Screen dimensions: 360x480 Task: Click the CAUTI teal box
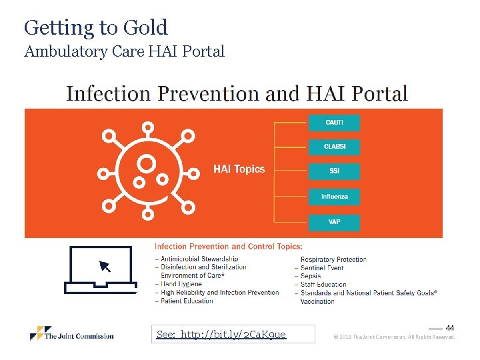pyautogui.click(x=334, y=123)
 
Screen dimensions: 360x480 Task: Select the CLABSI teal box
pyautogui.click(x=334, y=147)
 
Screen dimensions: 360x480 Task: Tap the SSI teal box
pyautogui.click(x=334, y=171)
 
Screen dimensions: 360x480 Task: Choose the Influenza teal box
pyautogui.click(x=334, y=197)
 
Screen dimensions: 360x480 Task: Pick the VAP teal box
pyautogui.click(x=334, y=221)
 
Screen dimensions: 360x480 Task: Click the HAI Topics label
pyautogui.click(x=239, y=169)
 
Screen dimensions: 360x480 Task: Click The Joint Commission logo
pyautogui.click(x=72, y=334)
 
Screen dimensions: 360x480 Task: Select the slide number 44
pyautogui.click(x=450, y=328)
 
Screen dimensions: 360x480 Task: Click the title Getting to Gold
pyautogui.click(x=96, y=27)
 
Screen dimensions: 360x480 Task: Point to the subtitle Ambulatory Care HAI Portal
pyautogui.click(x=124, y=51)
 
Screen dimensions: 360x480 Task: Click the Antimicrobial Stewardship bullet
pyautogui.click(x=199, y=259)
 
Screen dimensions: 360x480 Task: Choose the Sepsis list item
pyautogui.click(x=311, y=276)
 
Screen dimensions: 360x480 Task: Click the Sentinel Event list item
pyautogui.click(x=322, y=267)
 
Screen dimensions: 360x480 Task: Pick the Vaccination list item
pyautogui.click(x=317, y=301)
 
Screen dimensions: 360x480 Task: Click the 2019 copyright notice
pyautogui.click(x=394, y=337)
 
